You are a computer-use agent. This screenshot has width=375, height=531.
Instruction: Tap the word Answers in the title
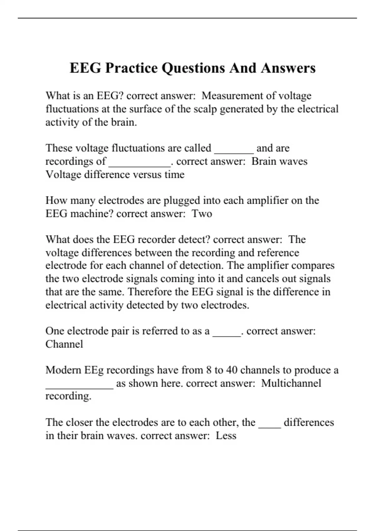coord(288,68)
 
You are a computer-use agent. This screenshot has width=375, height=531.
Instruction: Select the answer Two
coord(202,214)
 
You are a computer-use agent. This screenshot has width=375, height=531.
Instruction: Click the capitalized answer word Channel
coord(64,344)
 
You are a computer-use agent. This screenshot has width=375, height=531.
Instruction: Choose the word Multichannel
coord(291,383)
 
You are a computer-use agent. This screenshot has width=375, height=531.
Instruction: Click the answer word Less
coord(226,436)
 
